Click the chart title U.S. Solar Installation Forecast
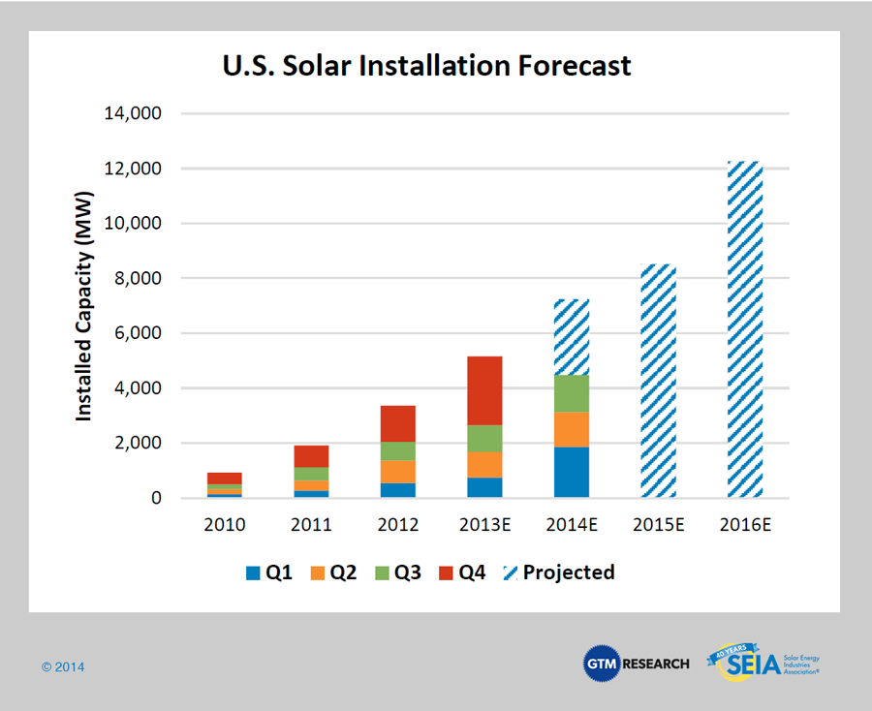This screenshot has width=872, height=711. [x=426, y=66]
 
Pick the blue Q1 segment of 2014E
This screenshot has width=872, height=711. [x=571, y=472]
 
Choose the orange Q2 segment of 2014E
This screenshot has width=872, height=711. [x=571, y=429]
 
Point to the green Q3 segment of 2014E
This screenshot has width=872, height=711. [x=571, y=393]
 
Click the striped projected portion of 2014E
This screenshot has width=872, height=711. [x=571, y=337]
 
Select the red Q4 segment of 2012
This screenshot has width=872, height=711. [x=397, y=423]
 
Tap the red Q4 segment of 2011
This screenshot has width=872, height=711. [x=311, y=456]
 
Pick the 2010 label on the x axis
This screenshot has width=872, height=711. [x=225, y=525]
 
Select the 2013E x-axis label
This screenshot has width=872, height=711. [x=484, y=525]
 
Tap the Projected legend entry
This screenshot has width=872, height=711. [x=559, y=572]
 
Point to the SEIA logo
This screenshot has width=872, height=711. [x=765, y=664]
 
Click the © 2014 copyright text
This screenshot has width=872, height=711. [x=63, y=667]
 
